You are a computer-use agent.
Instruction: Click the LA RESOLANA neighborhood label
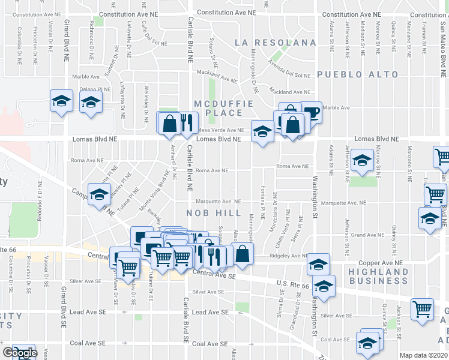pyautogui.click(x=276, y=43)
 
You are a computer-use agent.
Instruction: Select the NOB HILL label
pyautogui.click(x=213, y=213)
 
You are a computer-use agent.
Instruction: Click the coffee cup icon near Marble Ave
pyautogui.click(x=312, y=112)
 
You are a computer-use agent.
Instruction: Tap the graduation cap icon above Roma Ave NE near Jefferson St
pyautogui.click(x=362, y=161)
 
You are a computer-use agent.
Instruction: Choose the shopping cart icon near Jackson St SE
pyautogui.click(x=422, y=310)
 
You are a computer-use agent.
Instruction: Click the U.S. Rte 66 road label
pyautogui.click(x=292, y=284)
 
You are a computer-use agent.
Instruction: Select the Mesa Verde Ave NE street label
pyautogui.click(x=221, y=130)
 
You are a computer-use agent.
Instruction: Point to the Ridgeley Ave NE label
pyautogui.click(x=289, y=256)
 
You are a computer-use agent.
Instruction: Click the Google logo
pyautogui.click(x=19, y=353)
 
